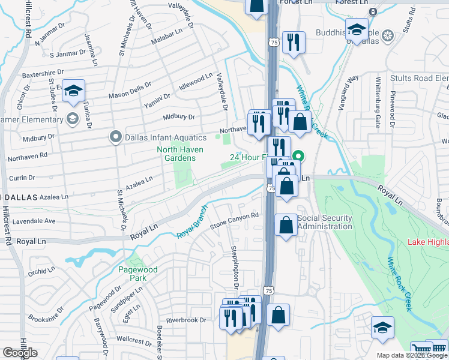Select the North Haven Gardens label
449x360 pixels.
(x=176, y=154)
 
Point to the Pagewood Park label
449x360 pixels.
(x=137, y=274)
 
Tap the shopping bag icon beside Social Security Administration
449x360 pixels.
(x=286, y=226)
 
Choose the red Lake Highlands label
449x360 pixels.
(x=427, y=242)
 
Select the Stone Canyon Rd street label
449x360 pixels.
(x=234, y=221)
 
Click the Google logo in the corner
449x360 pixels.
(x=20, y=353)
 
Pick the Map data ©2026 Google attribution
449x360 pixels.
(x=412, y=355)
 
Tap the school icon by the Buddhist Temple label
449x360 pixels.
(x=357, y=30)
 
